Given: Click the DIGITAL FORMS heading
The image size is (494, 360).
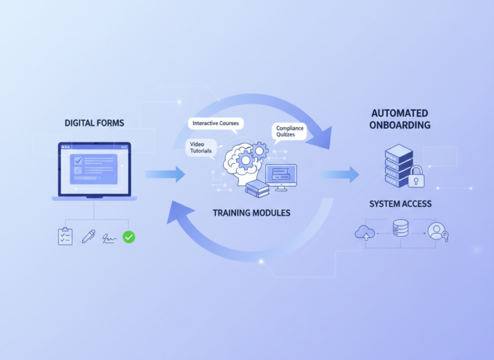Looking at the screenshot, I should [94, 123].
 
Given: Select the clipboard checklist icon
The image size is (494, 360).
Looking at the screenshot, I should [66, 236].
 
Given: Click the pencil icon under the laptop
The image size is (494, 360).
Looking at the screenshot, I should [89, 236].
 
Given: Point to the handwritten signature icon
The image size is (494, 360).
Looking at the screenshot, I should [110, 237].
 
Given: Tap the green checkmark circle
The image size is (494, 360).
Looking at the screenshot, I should [129, 237].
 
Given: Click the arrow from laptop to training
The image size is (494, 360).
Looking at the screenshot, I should [166, 174].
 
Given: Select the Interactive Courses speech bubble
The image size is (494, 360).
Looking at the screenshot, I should [216, 123].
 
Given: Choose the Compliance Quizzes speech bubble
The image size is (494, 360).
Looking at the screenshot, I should [290, 132].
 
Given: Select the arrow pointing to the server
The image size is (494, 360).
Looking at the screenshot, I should [340, 174].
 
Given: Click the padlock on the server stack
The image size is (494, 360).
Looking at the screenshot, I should [417, 177].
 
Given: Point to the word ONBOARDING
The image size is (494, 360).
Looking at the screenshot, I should [400, 126].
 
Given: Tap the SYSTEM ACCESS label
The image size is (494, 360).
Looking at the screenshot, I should [400, 204].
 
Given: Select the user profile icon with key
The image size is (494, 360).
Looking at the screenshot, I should [437, 232].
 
